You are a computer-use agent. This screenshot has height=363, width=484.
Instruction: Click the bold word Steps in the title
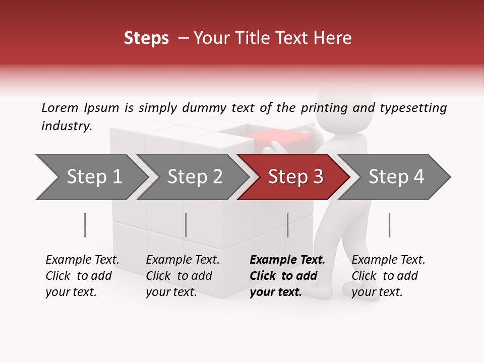(146, 38)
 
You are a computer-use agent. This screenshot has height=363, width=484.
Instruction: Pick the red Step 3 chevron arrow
(295, 177)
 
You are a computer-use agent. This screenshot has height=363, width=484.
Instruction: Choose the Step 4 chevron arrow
(396, 177)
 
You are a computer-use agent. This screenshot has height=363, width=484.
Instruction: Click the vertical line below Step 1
(85, 225)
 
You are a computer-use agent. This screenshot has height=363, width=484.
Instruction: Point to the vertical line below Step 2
(186, 225)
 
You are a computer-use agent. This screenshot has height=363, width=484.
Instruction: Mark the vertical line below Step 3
(288, 225)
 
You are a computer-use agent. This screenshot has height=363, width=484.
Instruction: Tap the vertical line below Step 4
(390, 225)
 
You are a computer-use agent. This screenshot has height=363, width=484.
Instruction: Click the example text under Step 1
(82, 276)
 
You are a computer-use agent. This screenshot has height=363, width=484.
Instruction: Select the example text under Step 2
(183, 276)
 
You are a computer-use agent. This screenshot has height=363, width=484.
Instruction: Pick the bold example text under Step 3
(287, 276)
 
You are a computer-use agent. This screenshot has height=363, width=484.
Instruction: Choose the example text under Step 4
(388, 276)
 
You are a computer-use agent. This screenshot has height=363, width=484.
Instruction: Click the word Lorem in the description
(60, 108)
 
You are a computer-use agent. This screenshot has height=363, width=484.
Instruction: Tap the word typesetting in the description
(413, 108)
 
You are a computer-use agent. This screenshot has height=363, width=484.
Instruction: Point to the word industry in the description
(67, 126)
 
